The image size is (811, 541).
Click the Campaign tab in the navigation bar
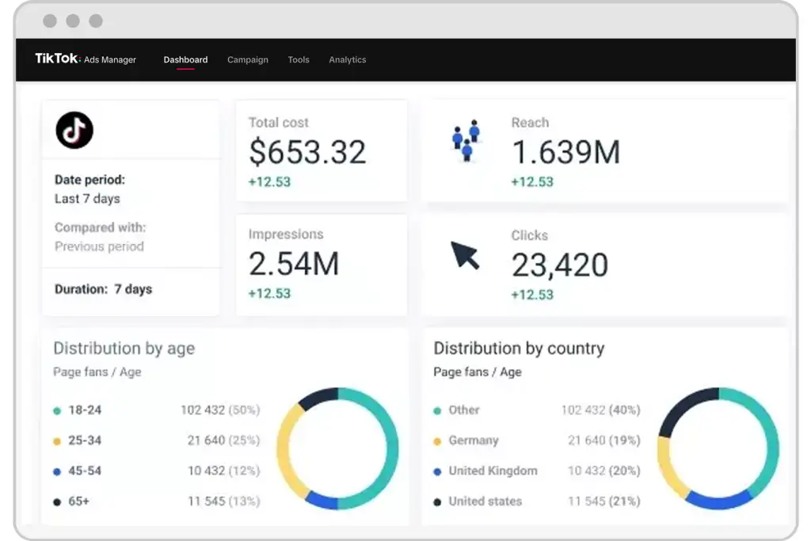(248, 59)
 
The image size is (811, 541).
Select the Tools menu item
(299, 59)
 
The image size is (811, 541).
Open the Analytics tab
(348, 59)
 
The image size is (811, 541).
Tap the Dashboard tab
(185, 59)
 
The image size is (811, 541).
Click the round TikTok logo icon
(74, 130)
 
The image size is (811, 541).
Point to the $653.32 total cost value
(307, 152)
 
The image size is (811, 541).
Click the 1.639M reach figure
(565, 152)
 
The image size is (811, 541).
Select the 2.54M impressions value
(294, 264)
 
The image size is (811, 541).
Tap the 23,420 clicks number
(560, 265)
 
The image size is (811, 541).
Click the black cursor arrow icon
(464, 255)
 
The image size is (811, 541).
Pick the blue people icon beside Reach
(466, 140)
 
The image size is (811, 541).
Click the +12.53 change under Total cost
(269, 182)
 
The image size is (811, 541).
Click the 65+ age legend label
(78, 501)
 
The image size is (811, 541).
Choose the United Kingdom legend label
(493, 471)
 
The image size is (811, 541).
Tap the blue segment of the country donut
(719, 501)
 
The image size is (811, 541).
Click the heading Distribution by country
(519, 348)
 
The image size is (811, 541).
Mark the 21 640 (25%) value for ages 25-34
(223, 440)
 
